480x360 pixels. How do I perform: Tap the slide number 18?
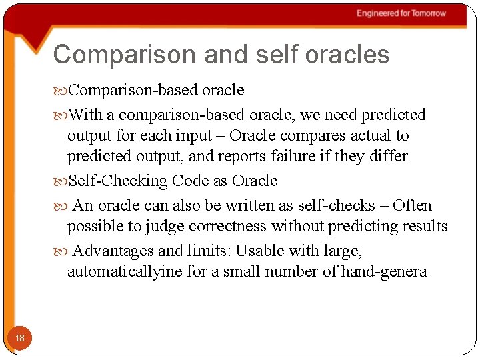click(20, 339)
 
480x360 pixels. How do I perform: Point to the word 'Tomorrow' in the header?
click(428, 13)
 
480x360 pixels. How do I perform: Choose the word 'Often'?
click(412, 205)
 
